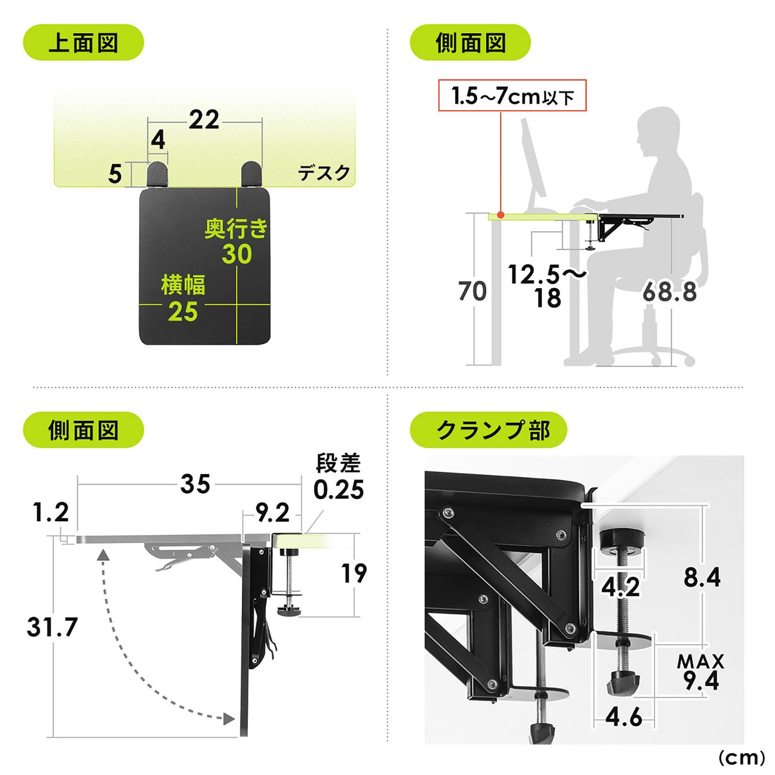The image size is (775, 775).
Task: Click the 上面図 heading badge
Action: pyautogui.click(x=83, y=42)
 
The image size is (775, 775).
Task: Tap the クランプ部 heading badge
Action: pyautogui.click(x=488, y=430)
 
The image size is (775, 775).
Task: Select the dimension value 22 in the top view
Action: pyautogui.click(x=204, y=119)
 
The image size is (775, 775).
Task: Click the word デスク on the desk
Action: pyautogui.click(x=324, y=173)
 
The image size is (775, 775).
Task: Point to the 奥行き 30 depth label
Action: pyautogui.click(x=237, y=241)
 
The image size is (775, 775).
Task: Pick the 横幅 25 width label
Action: pyautogui.click(x=183, y=298)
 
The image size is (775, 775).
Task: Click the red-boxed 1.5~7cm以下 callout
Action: pyautogui.click(x=512, y=95)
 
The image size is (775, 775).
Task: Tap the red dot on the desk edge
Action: pyautogui.click(x=501, y=215)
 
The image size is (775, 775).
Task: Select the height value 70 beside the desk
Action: pyautogui.click(x=472, y=291)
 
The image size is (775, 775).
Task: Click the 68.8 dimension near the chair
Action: pyautogui.click(x=669, y=292)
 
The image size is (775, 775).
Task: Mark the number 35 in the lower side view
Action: pyautogui.click(x=195, y=484)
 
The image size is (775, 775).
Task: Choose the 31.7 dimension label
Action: pyautogui.click(x=52, y=627)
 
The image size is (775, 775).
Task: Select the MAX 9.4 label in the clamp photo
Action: pyautogui.click(x=701, y=672)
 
